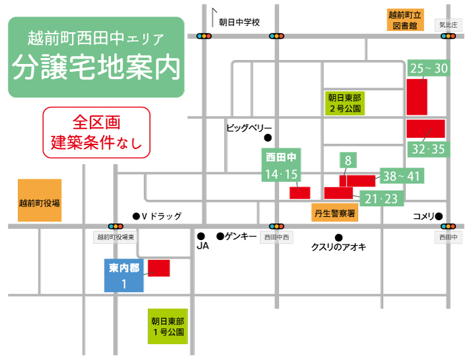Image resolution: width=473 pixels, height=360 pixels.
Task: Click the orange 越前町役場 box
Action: tap(40, 200)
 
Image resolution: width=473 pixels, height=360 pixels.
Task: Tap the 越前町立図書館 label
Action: tap(406, 20)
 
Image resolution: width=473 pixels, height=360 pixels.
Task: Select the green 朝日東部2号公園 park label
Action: tap(345, 103)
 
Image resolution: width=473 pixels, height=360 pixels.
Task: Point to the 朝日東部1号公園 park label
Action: tap(168, 326)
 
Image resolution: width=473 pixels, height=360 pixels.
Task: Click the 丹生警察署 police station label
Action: tap(334, 214)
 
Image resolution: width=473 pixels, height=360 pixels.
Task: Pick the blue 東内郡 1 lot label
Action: tap(123, 276)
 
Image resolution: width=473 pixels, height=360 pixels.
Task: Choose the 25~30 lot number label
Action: tap(429, 68)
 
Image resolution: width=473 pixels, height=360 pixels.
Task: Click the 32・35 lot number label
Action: tap(429, 149)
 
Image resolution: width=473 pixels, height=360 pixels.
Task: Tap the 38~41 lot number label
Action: tap(402, 176)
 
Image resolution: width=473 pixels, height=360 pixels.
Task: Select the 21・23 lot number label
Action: tap(381, 198)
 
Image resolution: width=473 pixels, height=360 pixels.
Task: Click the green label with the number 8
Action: tap(348, 160)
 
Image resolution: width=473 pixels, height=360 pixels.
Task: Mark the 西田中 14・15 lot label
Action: tap(281, 165)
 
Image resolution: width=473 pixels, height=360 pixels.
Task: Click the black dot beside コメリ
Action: tap(439, 216)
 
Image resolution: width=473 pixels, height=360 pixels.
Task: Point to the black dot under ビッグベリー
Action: tap(268, 138)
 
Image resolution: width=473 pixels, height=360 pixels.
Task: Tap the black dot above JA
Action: tap(201, 236)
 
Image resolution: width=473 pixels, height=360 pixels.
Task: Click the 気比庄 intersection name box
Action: tap(449, 25)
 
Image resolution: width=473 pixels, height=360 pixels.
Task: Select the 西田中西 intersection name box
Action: tap(276, 237)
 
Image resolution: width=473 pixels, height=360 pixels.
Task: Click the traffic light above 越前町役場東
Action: tap(115, 226)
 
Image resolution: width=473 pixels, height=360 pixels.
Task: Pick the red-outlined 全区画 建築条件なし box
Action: tap(96, 133)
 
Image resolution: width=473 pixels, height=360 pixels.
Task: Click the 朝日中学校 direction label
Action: tap(239, 22)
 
